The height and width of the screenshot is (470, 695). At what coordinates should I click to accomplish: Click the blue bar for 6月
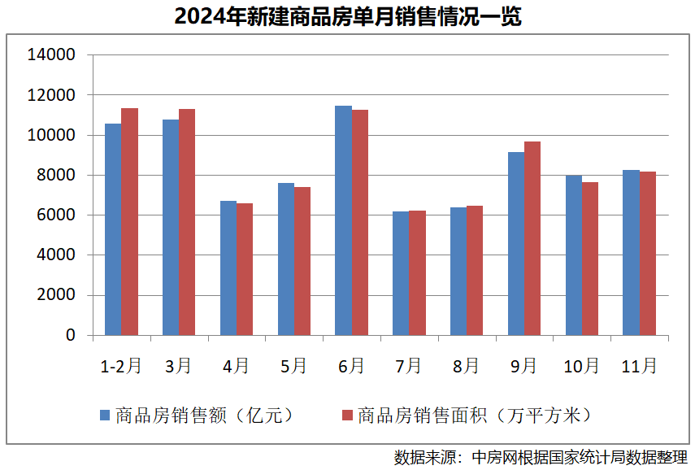tap(343, 220)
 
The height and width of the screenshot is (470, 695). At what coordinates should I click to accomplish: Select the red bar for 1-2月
tap(130, 221)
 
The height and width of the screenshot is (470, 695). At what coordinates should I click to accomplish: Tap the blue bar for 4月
tap(228, 268)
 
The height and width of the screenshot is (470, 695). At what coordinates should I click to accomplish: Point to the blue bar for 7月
tap(401, 273)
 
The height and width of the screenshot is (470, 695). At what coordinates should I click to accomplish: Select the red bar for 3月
tap(187, 222)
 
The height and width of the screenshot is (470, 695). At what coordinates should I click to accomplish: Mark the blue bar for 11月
tap(631, 252)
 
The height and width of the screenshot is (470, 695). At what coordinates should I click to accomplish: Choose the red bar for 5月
tap(302, 261)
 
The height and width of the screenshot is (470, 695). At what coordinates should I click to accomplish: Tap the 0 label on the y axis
tap(70, 335)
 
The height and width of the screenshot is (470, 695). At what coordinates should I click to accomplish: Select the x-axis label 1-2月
tap(121, 366)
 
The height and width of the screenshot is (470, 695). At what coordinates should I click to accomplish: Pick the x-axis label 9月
tap(523, 366)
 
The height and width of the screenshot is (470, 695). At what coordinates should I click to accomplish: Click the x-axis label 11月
tap(639, 366)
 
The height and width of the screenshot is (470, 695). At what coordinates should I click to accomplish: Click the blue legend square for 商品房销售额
tap(105, 416)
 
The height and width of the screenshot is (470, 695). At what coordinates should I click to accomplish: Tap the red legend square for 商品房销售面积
tap(347, 416)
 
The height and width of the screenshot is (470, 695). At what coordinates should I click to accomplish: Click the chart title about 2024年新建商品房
tap(347, 17)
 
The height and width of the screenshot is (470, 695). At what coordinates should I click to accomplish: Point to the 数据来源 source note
tap(541, 456)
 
